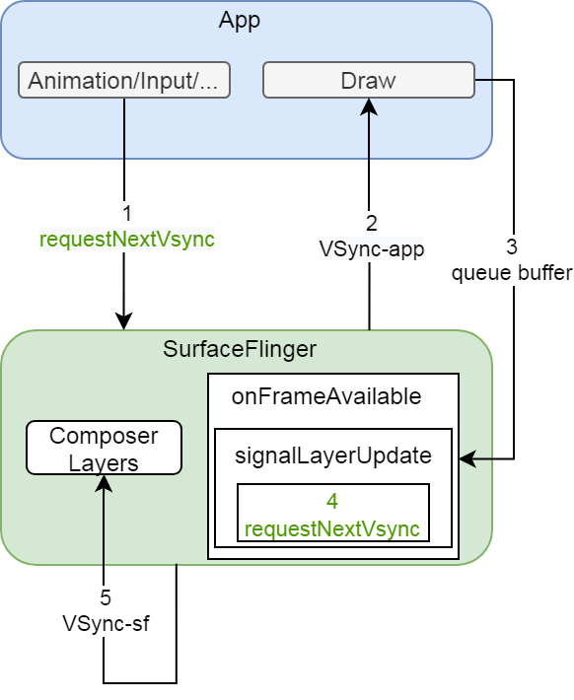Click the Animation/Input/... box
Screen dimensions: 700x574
click(x=124, y=81)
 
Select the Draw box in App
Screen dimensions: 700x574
click(x=368, y=81)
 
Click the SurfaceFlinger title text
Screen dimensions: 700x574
click(x=240, y=349)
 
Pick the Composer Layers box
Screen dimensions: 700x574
click(x=104, y=448)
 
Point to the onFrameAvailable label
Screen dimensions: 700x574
click(x=325, y=396)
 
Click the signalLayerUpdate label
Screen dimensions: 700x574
click(x=332, y=455)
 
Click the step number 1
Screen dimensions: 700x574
click(x=126, y=213)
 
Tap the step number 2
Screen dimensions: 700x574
click(x=371, y=224)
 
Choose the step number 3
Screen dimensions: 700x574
click(x=512, y=246)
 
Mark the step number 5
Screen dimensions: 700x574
click(x=106, y=597)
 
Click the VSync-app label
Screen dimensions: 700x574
click(x=371, y=249)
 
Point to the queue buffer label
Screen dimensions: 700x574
click(x=512, y=273)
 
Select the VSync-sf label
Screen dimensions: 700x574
click(x=106, y=623)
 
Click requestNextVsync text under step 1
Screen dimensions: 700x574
click(x=126, y=239)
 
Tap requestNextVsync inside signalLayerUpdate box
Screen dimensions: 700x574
click(x=332, y=528)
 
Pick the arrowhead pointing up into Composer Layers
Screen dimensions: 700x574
click(x=104, y=483)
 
